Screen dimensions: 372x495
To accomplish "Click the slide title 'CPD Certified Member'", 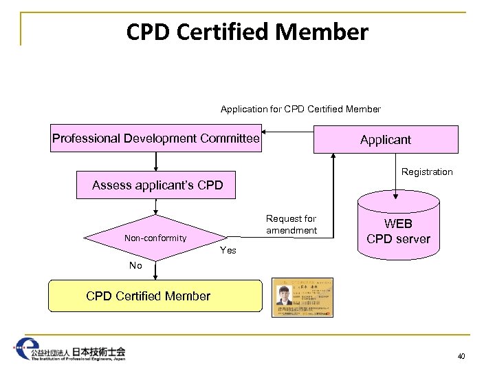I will click(x=247, y=32).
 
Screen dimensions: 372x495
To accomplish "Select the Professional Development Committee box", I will click(x=156, y=138).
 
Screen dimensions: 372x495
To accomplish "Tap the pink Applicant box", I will click(x=385, y=139).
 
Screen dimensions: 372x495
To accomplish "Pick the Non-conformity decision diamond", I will click(x=156, y=238).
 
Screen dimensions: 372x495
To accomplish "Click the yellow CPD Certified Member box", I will click(x=155, y=296).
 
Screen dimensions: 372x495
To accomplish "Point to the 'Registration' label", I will click(x=427, y=172).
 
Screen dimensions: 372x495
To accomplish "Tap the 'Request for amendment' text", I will click(x=291, y=225).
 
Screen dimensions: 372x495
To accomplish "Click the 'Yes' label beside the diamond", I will click(x=228, y=250).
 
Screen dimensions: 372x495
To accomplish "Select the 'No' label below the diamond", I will click(x=135, y=265).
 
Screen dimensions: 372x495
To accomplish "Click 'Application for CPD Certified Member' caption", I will click(x=300, y=109).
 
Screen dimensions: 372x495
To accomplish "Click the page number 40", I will click(x=460, y=356).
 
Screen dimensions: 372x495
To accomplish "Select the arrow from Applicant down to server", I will click(x=400, y=172).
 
